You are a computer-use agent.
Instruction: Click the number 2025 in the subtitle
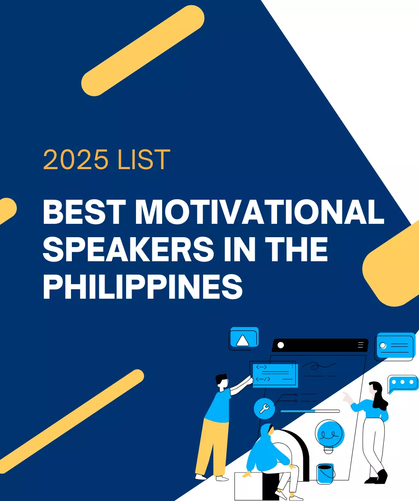(76, 160)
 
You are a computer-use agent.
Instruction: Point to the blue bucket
(326, 473)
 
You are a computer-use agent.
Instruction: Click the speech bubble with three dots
(402, 382)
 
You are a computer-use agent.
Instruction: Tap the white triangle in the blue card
(243, 341)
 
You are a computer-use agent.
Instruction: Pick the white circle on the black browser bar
(281, 345)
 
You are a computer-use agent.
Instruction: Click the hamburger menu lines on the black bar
(360, 345)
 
